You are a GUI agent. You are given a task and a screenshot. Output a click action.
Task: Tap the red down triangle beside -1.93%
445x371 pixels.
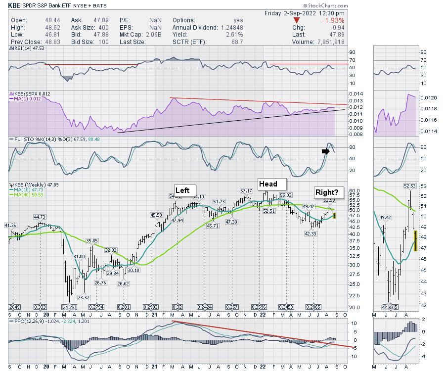tap(296, 21)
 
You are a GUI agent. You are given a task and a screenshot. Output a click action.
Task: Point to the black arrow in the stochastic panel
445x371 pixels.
tap(325, 151)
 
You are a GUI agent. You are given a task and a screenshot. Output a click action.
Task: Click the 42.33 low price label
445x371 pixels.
tap(310, 233)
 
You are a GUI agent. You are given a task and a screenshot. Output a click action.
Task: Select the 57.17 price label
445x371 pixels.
tap(246, 190)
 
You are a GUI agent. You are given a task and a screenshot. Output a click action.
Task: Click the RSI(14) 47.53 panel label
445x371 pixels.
tap(27, 49)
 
